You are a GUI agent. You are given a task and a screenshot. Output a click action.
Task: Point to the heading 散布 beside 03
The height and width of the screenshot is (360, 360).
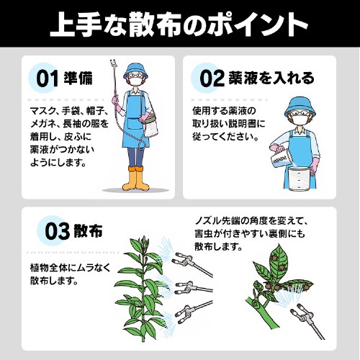click(x=88, y=233)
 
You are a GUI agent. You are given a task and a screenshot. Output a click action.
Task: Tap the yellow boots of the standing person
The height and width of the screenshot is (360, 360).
click(x=135, y=179)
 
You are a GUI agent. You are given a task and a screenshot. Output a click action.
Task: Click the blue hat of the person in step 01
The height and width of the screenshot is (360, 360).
click(x=135, y=71)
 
